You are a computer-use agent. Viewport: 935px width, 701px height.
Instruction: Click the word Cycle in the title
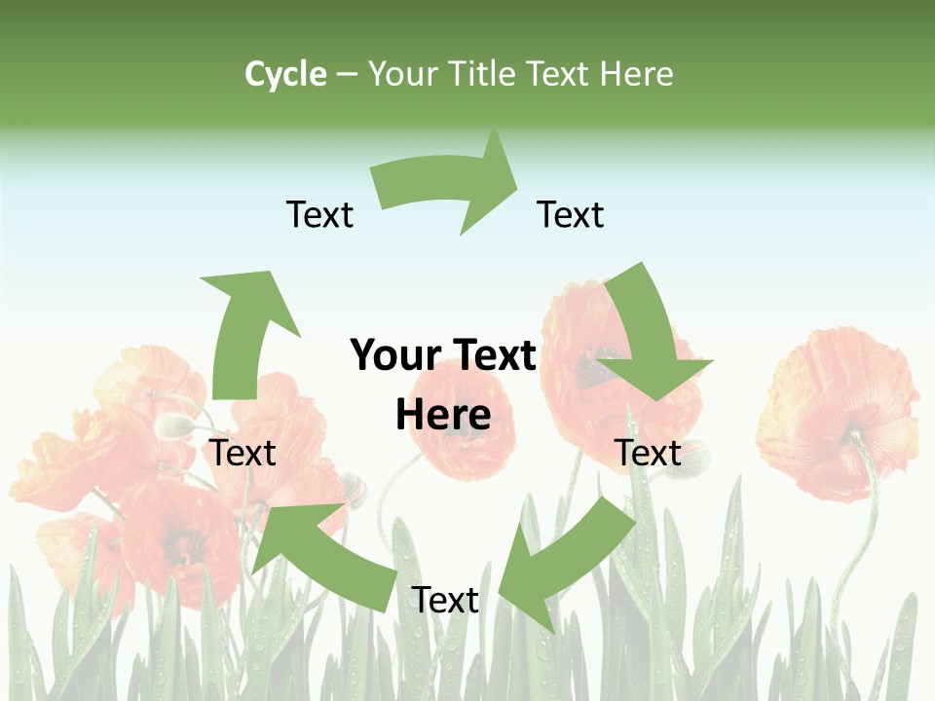pyautogui.click(x=285, y=74)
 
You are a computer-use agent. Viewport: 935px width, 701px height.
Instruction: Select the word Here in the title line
pyautogui.click(x=637, y=74)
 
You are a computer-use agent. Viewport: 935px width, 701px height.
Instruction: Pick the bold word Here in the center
pyautogui.click(x=443, y=416)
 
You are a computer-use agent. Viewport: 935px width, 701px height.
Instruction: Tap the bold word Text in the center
pyautogui.click(x=492, y=356)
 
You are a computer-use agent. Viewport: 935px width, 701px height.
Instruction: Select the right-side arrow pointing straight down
pyautogui.click(x=648, y=336)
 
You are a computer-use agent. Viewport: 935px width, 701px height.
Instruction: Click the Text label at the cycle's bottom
pyautogui.click(x=445, y=601)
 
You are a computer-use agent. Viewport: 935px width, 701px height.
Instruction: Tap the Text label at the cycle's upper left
pyautogui.click(x=319, y=215)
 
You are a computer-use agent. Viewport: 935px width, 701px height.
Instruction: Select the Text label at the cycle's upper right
pyautogui.click(x=571, y=215)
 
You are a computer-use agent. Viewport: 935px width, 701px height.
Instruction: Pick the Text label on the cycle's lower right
pyautogui.click(x=648, y=454)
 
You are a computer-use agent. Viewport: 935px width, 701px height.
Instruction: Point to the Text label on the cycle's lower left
pyautogui.click(x=243, y=454)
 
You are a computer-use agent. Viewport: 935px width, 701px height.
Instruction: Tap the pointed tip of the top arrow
pyautogui.click(x=517, y=181)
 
